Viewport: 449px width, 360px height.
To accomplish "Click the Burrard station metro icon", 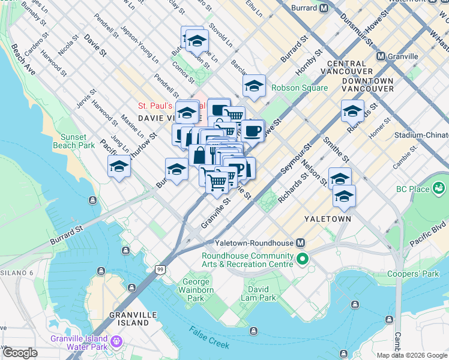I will (324, 8).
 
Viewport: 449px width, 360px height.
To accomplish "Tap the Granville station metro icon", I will (380, 56).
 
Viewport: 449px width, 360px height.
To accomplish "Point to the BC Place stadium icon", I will (440, 189).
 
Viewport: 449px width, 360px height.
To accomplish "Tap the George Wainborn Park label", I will (196, 290).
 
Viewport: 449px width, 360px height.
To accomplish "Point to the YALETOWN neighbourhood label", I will (327, 219).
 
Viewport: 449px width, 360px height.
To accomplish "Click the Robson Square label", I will (300, 88).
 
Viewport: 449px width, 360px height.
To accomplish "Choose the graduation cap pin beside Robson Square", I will (254, 86).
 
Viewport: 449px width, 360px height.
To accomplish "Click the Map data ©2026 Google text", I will (411, 355).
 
